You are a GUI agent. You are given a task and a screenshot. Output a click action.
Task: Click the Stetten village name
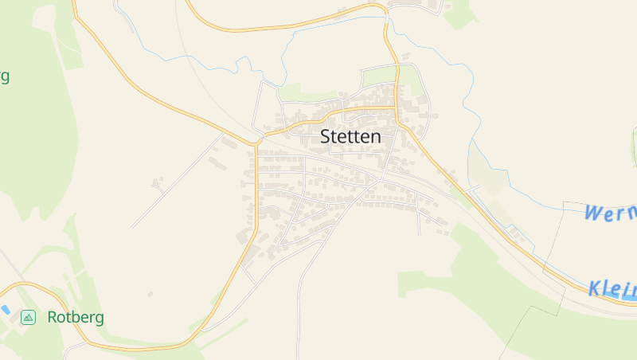(350, 136)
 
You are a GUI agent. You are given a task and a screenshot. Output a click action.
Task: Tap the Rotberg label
(76, 317)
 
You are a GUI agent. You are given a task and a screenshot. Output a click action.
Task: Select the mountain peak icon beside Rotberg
(29, 317)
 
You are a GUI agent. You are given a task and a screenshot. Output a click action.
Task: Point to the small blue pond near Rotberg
(5, 309)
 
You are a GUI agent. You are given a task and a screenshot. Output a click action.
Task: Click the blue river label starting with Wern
(610, 213)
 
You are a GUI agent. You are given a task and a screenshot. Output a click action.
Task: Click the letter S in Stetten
(326, 136)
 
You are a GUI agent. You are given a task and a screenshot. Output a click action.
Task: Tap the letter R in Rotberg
(53, 317)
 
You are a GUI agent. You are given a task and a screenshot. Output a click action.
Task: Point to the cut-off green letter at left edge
(4, 76)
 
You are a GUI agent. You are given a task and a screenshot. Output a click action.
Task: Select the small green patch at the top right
(460, 14)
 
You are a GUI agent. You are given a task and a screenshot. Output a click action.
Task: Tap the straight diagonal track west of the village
(175, 182)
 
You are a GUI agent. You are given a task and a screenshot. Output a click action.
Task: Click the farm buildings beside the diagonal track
(158, 183)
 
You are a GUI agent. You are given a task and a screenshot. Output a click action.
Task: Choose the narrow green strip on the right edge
(634, 147)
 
